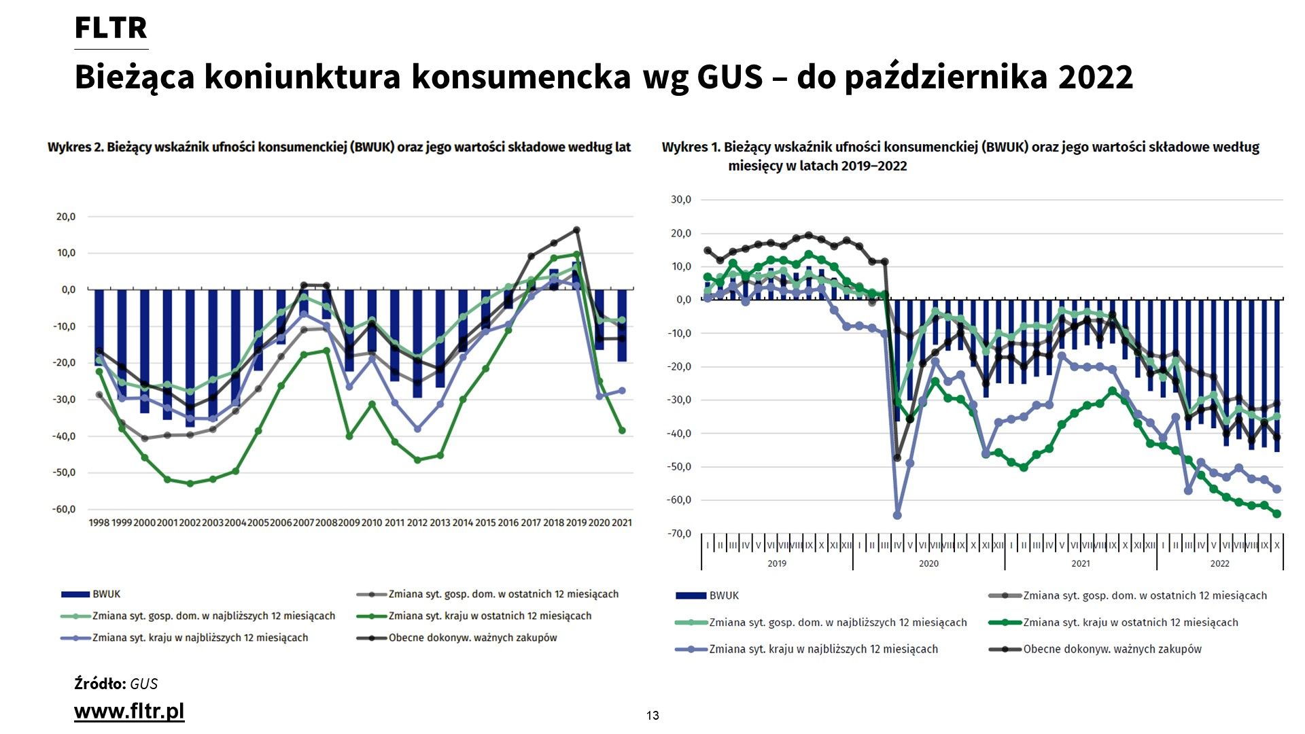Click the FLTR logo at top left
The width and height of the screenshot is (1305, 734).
click(x=111, y=29)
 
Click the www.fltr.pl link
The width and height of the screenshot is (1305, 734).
click(x=129, y=711)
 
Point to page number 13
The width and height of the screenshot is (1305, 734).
click(x=652, y=715)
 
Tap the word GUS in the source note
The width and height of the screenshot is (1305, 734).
click(x=144, y=684)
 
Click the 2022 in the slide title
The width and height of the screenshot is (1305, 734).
click(x=1095, y=77)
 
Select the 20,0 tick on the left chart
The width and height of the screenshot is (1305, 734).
click(x=66, y=217)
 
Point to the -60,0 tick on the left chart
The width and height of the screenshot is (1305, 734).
click(x=65, y=509)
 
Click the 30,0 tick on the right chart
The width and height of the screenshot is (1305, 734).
click(x=680, y=200)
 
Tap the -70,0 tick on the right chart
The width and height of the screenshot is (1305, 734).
click(x=679, y=534)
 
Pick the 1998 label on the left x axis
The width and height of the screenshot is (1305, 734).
click(x=99, y=523)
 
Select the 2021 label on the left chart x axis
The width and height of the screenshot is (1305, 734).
click(x=621, y=523)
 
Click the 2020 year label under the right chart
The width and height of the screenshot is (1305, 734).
click(x=928, y=563)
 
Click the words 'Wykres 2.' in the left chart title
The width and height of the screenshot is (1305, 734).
click(x=74, y=147)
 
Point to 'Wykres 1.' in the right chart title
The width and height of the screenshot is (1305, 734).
click(x=690, y=147)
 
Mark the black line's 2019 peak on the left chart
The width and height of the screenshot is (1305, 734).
click(x=576, y=230)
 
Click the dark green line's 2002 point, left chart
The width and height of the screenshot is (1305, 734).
click(x=190, y=483)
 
